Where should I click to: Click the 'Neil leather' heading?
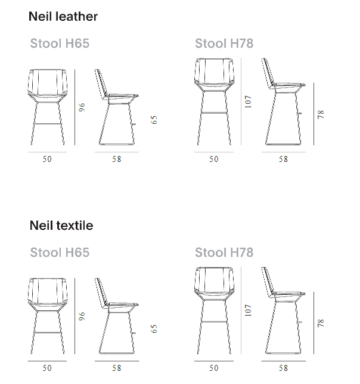point(63,17)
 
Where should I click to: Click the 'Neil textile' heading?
point(61,225)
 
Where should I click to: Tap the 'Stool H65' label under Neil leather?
point(60,43)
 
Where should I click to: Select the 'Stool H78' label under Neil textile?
point(224,252)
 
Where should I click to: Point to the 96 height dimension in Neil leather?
point(82,107)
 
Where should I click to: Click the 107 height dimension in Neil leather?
point(248,102)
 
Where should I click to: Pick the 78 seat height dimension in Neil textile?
point(321,323)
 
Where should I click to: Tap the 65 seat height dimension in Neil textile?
point(154,329)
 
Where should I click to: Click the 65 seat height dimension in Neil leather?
point(154,120)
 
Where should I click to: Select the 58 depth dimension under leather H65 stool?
point(116,159)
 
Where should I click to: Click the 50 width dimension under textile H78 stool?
point(213,368)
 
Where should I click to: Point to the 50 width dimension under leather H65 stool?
point(47,159)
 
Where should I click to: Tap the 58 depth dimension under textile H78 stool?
point(283,368)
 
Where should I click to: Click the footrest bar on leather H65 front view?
point(47,124)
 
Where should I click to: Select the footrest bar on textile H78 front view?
point(214,322)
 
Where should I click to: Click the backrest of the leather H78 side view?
point(268,73)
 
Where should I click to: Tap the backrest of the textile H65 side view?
point(101,292)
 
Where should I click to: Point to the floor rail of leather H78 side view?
point(283,145)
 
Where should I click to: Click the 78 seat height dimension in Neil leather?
point(321,114)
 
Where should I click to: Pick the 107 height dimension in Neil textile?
point(248,310)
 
